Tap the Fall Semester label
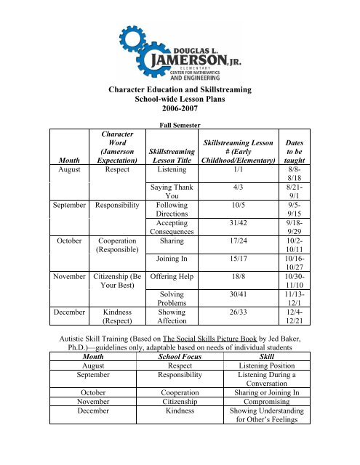click(x=179, y=127)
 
